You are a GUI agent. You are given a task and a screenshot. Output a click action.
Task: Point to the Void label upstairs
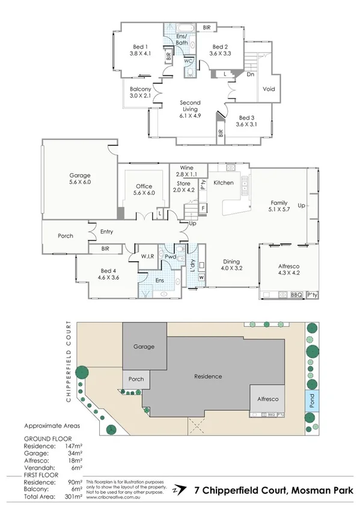268,90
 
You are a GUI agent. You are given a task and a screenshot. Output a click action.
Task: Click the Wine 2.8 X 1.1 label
184,173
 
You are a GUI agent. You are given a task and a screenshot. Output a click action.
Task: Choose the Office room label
144,189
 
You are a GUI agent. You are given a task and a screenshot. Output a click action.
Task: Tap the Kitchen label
224,182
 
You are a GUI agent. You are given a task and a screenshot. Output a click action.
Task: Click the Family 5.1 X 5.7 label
278,207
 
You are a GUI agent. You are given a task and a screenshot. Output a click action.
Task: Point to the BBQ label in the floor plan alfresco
296,295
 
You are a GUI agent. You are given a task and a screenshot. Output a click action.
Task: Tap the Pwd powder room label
171,256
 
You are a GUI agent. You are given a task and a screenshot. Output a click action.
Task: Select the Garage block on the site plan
144,346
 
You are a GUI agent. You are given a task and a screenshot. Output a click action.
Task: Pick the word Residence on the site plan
208,376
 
